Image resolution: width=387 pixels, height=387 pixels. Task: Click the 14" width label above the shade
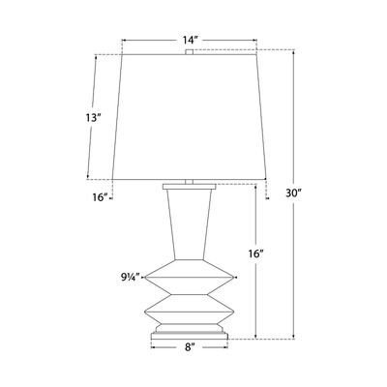click(190, 41)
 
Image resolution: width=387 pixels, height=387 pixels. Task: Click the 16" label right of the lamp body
click(255, 253)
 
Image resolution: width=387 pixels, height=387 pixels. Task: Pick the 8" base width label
click(190, 345)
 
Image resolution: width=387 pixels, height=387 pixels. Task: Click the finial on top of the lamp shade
click(190, 48)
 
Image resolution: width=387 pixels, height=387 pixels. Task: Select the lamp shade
click(190, 116)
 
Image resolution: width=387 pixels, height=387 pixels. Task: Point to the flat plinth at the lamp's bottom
click(190, 335)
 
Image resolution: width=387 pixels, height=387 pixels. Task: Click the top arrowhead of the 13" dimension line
click(96, 56)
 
